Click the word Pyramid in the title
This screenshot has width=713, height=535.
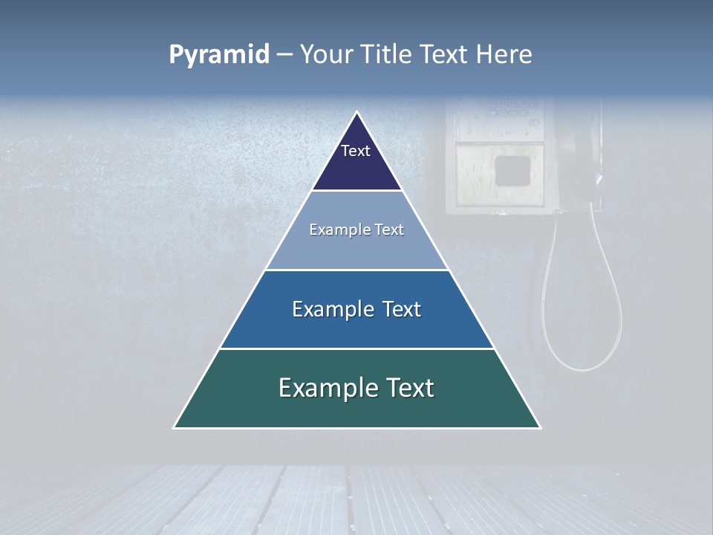click(x=219, y=55)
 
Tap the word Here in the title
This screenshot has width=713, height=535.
click(x=504, y=55)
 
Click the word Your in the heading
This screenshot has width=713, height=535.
click(x=327, y=55)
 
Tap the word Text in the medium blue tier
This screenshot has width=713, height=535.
click(x=400, y=309)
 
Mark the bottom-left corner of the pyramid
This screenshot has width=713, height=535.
click(x=175, y=427)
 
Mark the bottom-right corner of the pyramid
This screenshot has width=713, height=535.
click(x=539, y=427)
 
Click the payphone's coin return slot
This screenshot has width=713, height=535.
click(x=512, y=171)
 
